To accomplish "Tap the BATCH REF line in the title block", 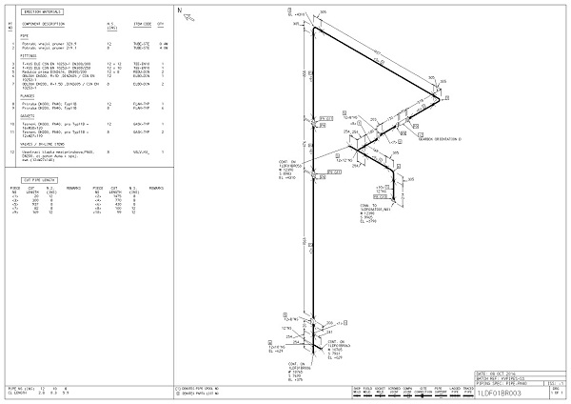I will pos(503,378).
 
